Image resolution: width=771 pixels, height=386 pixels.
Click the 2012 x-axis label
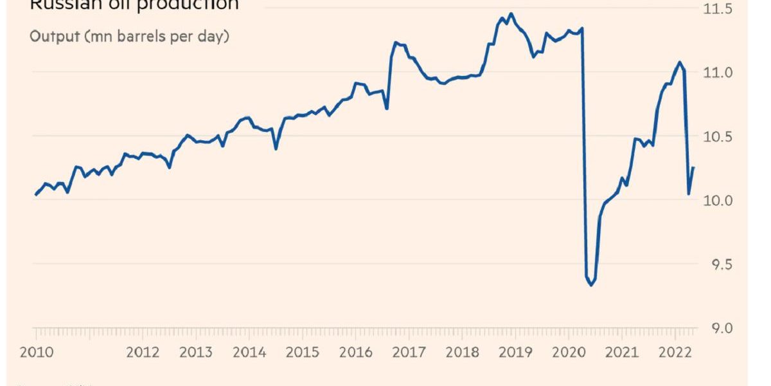(142, 353)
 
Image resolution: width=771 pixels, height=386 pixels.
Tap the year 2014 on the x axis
(248, 353)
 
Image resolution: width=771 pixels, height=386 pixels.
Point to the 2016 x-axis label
(355, 353)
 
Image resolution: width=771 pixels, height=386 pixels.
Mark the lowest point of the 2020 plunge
(590, 285)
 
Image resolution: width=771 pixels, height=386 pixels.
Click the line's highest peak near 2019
(511, 14)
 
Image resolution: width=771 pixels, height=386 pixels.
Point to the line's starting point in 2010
(35, 194)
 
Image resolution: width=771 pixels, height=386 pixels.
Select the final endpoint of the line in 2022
(693, 167)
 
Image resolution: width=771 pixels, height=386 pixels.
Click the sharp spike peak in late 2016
(396, 42)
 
